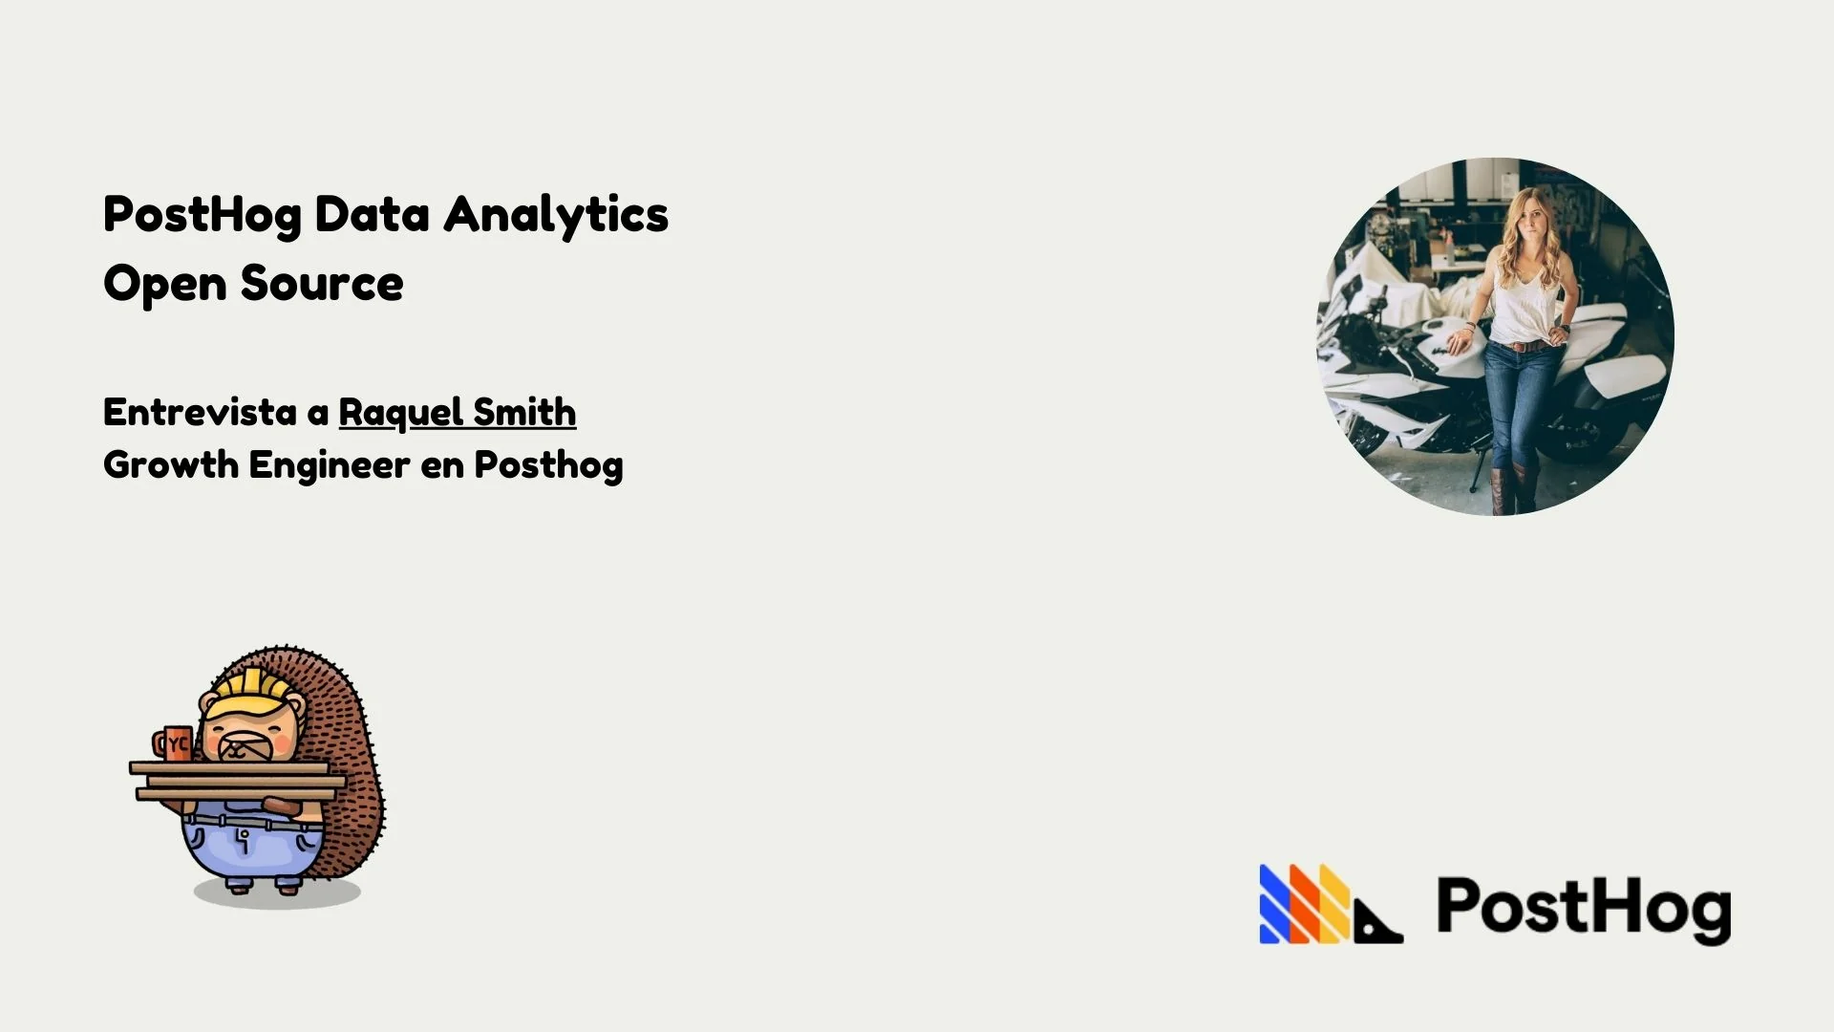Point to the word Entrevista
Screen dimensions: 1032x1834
tap(200, 413)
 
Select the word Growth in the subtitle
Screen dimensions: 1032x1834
tap(170, 465)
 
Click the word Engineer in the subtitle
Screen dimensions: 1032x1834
tap(330, 465)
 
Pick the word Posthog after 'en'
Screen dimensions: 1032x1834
tap(548, 465)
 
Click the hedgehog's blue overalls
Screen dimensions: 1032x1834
tap(250, 846)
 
